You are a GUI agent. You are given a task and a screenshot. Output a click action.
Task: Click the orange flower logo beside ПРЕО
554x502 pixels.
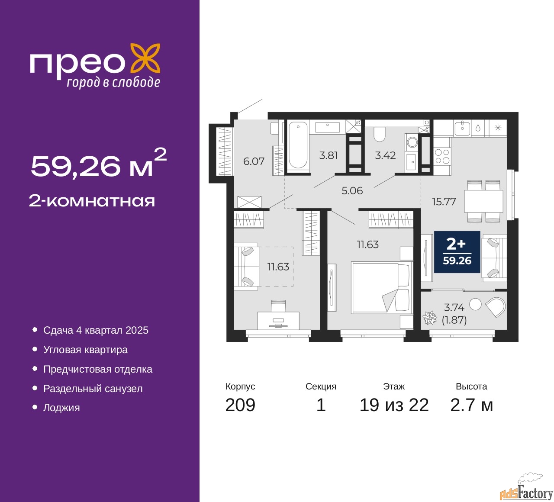pyautogui.click(x=145, y=58)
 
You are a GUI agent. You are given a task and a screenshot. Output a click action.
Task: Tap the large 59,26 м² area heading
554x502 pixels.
pyautogui.click(x=98, y=164)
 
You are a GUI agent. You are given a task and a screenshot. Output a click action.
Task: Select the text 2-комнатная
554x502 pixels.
pyautogui.click(x=92, y=201)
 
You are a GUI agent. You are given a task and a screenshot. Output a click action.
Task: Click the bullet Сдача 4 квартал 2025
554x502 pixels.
pyautogui.click(x=96, y=330)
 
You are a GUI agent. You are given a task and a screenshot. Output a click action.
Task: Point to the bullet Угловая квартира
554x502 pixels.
pyautogui.click(x=85, y=350)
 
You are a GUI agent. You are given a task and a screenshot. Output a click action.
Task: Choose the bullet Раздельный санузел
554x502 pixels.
pyautogui.click(x=93, y=389)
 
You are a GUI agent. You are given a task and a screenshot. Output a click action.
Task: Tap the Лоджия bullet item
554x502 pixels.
pyautogui.click(x=61, y=408)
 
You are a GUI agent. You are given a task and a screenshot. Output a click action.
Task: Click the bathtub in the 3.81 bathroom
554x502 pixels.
pyautogui.click(x=298, y=145)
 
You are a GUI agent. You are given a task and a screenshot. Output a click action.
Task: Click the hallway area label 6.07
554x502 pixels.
pyautogui.click(x=254, y=161)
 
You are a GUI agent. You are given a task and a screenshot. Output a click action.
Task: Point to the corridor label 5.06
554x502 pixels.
pyautogui.click(x=352, y=191)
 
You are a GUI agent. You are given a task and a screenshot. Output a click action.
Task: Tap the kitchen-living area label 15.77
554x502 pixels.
pyautogui.click(x=444, y=202)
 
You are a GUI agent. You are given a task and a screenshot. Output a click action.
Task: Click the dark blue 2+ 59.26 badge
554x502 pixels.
pyautogui.click(x=457, y=252)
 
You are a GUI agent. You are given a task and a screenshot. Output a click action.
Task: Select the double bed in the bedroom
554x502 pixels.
pyautogui.click(x=380, y=287)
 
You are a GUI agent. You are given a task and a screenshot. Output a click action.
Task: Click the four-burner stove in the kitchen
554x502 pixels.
pyautogui.click(x=442, y=156)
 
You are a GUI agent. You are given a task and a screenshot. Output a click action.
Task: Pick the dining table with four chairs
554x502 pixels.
pyautogui.click(x=483, y=201)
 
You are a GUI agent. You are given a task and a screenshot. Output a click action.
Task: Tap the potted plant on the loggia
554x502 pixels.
pyautogui.click(x=430, y=318)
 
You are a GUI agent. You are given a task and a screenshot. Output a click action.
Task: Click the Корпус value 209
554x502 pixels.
pyautogui.click(x=240, y=405)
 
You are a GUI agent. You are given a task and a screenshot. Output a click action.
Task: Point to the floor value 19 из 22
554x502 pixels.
pyautogui.click(x=394, y=405)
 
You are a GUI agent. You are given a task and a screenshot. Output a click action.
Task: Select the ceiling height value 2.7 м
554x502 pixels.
pyautogui.click(x=471, y=405)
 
